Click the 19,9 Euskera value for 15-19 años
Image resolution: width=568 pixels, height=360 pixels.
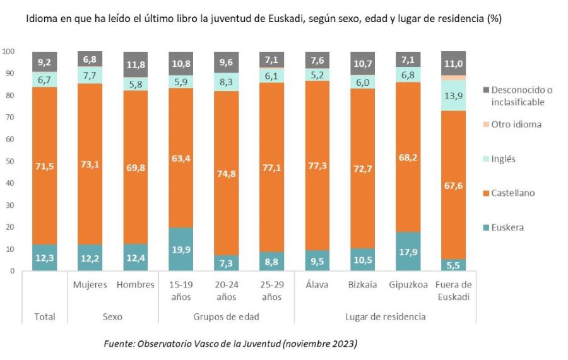click(180, 249)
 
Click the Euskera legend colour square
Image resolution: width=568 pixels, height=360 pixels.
click(483, 227)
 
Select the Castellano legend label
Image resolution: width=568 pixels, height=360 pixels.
click(512, 193)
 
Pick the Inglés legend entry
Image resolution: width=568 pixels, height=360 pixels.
click(503, 159)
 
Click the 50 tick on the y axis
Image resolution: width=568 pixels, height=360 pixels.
click(10, 161)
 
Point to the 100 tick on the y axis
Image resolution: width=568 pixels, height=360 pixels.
click(8, 51)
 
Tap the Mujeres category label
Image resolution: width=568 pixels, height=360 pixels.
click(90, 285)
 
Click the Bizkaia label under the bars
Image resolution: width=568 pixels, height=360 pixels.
click(362, 285)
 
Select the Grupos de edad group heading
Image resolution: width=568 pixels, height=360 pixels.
click(226, 316)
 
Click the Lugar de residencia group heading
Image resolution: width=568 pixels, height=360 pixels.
click(385, 316)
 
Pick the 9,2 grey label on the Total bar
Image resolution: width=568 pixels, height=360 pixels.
click(44, 62)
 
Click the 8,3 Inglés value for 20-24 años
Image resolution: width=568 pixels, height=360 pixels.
click(226, 81)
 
